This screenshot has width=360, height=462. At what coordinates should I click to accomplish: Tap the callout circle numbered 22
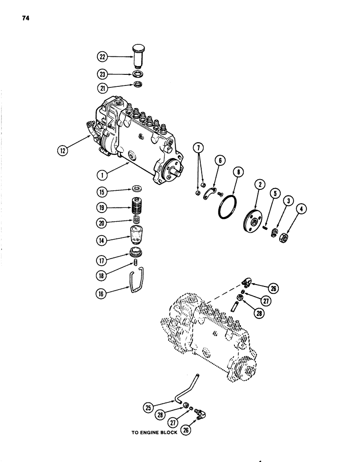coord(102,56)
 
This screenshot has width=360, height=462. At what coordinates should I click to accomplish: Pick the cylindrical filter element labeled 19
coord(138,205)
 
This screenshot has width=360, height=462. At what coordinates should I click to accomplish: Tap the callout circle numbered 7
coord(199,149)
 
